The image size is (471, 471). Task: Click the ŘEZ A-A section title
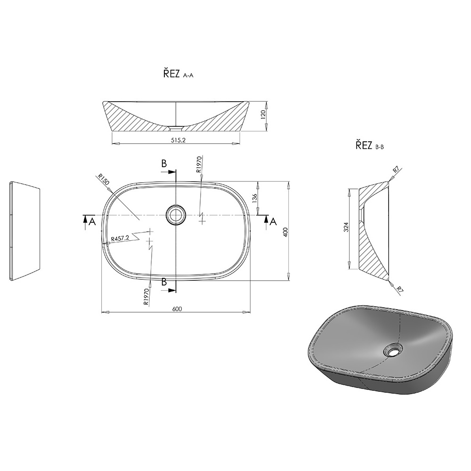(x=178, y=73)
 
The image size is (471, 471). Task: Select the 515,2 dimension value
(x=178, y=140)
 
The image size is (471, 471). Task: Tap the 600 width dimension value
(x=177, y=309)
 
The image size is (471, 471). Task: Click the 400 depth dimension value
(x=285, y=232)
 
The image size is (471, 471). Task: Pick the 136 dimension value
(x=254, y=199)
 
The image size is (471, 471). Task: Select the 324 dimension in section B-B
(x=346, y=227)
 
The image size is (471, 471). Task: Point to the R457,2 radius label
(x=120, y=238)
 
